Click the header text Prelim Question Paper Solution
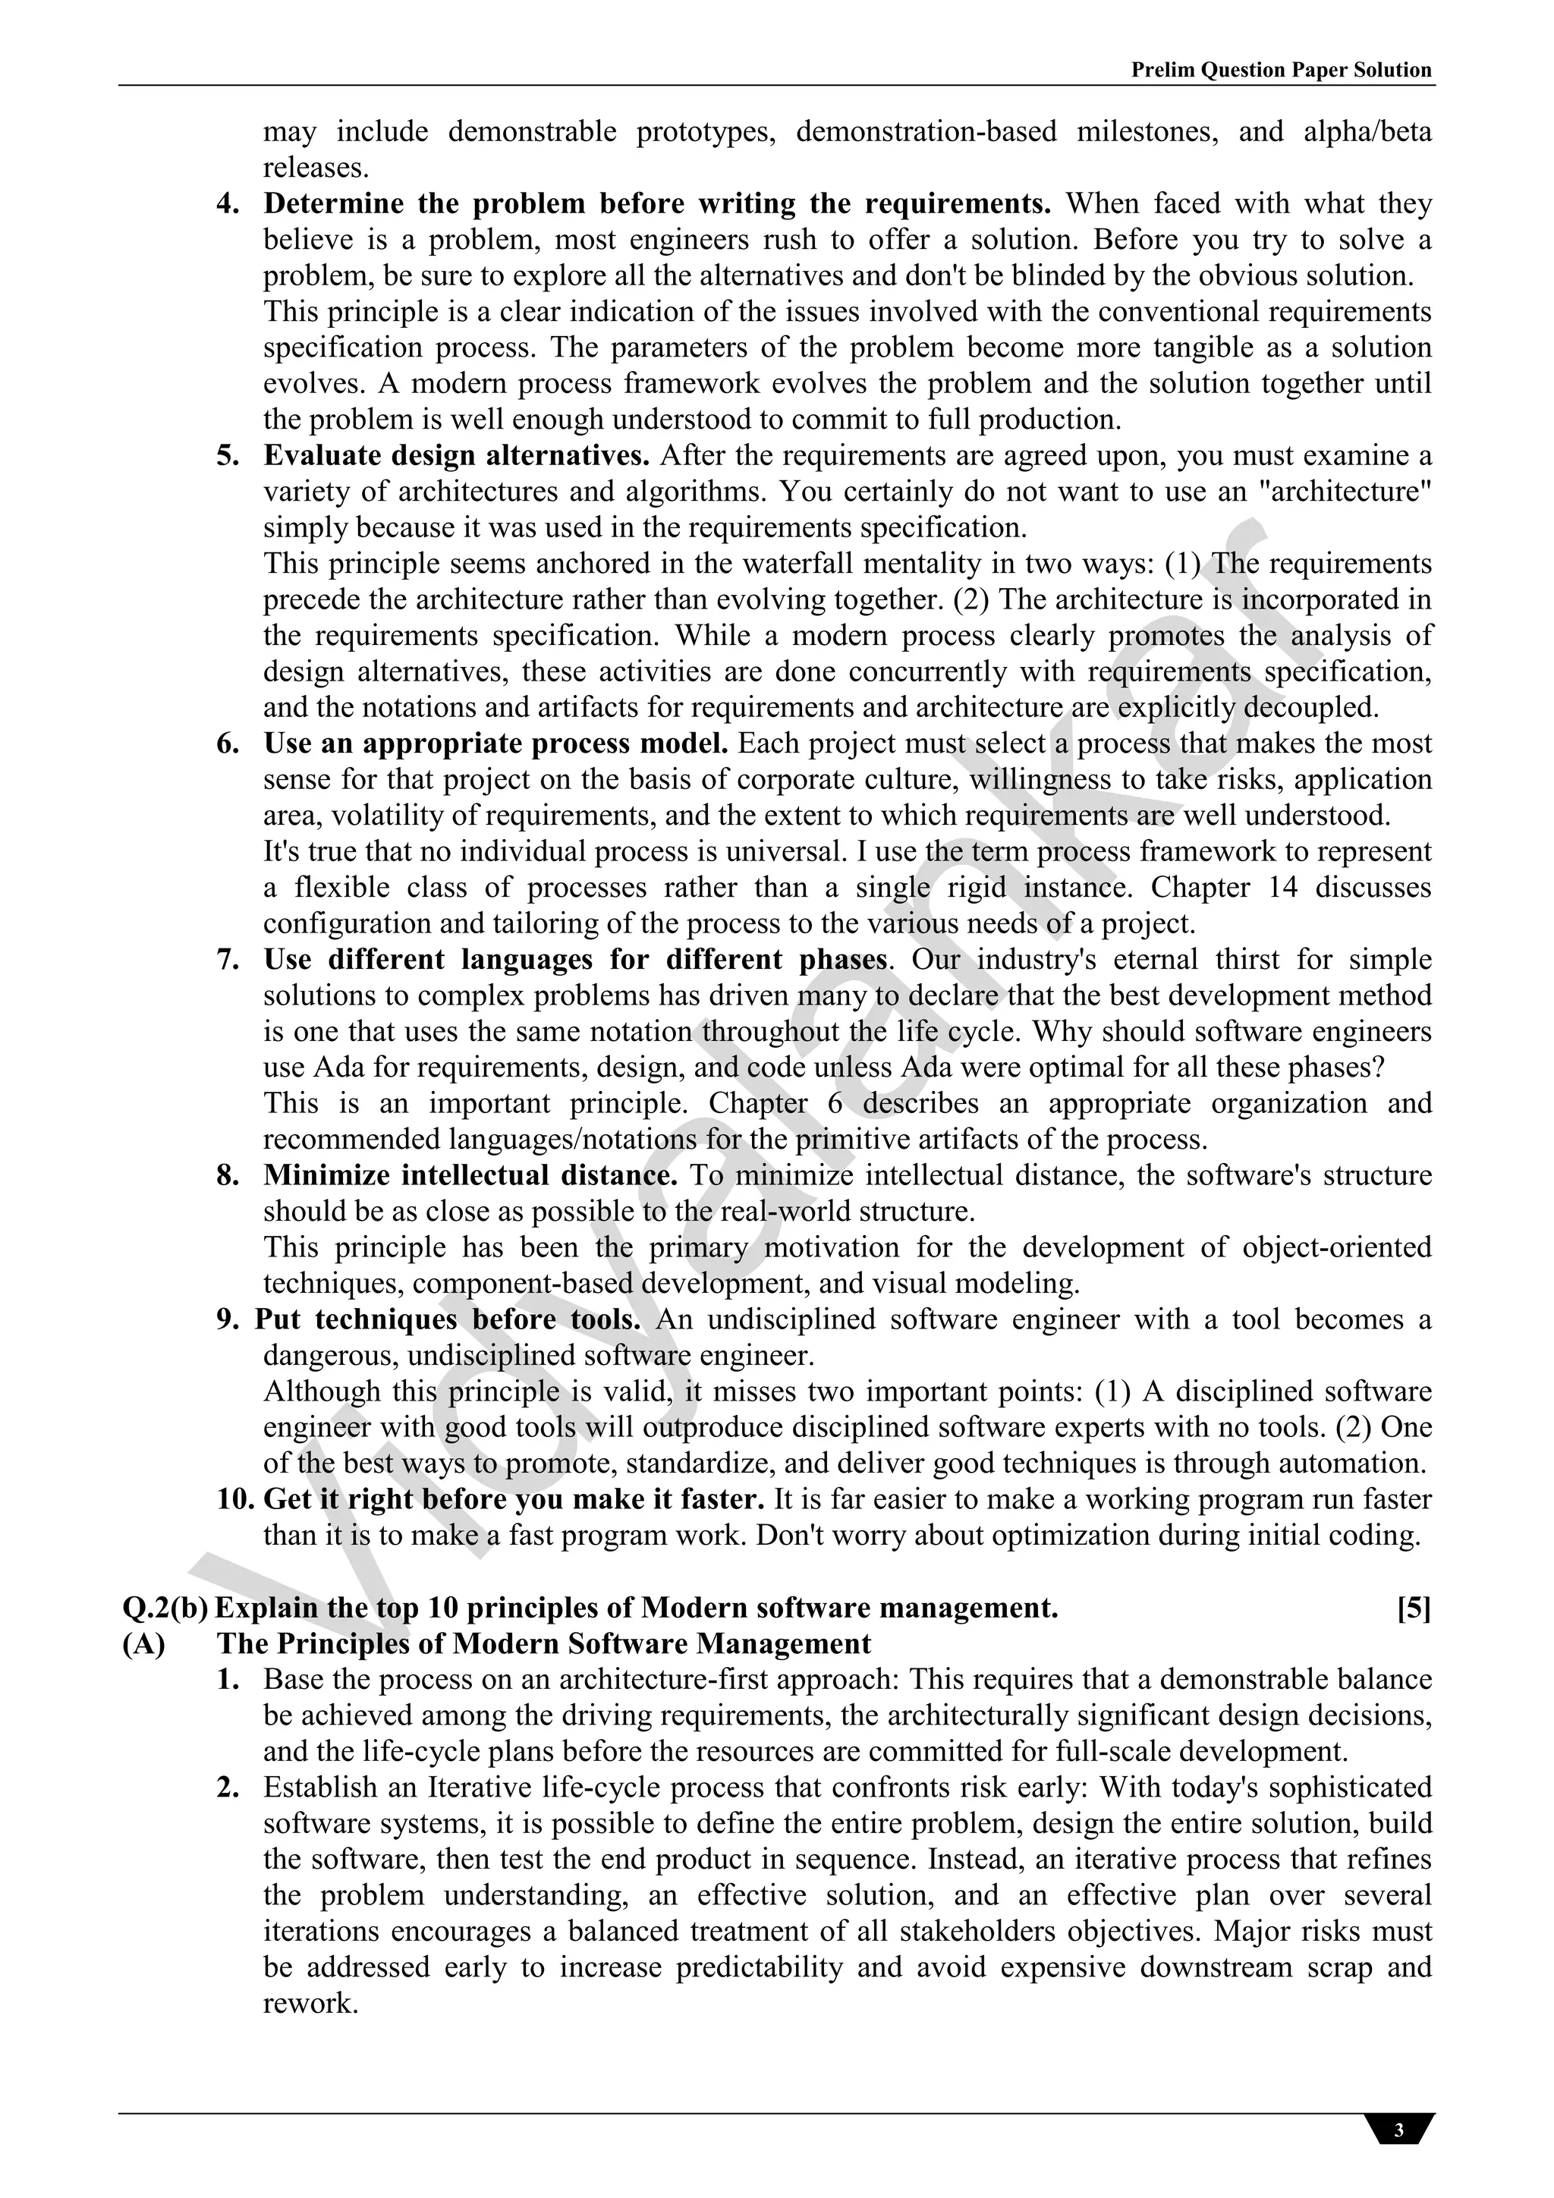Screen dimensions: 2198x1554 tap(1281, 70)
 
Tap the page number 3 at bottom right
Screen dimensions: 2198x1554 tap(1399, 2130)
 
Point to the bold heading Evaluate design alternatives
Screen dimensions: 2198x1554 tap(457, 456)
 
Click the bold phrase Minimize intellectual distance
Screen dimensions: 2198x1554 tap(470, 1175)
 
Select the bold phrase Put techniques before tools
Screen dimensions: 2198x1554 tap(447, 1319)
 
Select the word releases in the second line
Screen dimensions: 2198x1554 tap(316, 168)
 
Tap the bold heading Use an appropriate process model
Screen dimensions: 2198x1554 tap(496, 744)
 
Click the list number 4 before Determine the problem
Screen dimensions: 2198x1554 tap(227, 204)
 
